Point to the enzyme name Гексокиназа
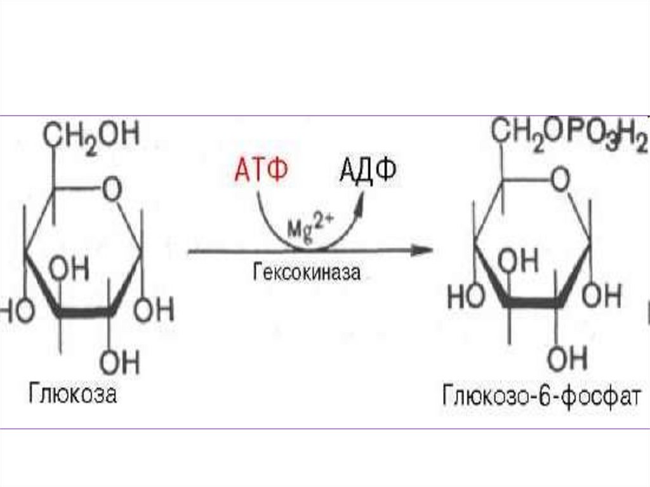(306, 274)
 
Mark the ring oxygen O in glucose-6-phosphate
(560, 181)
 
